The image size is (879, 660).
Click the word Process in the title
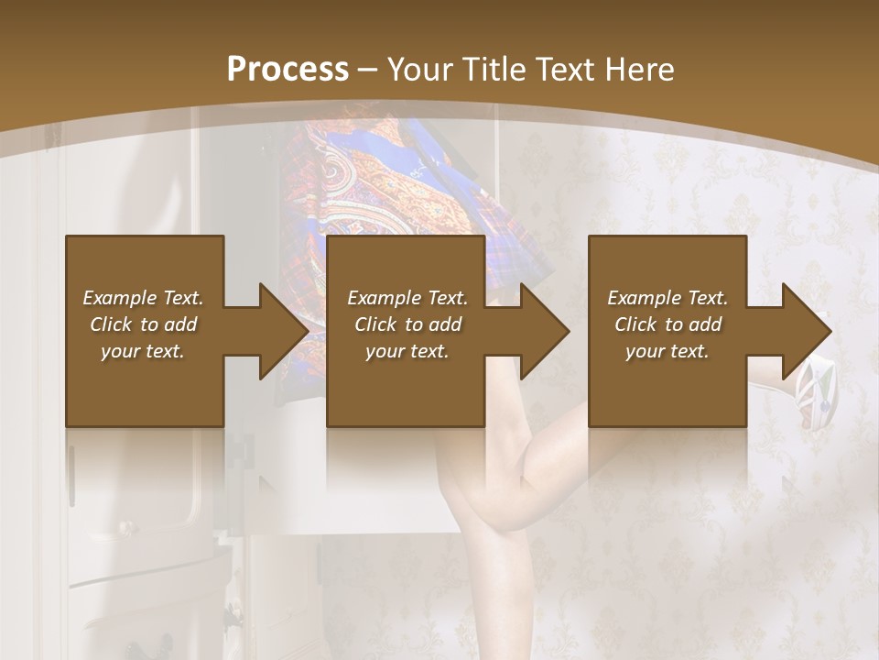coord(288,70)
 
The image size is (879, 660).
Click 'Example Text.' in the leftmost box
coord(143,298)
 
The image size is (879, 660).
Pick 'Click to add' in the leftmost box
coord(143,324)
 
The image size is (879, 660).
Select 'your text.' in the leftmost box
coord(143,351)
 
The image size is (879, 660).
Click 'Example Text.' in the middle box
coord(407,298)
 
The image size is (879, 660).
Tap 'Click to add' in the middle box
coord(407,324)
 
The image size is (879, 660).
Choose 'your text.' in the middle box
coord(407,351)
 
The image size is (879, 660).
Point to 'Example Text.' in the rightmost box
coord(667,298)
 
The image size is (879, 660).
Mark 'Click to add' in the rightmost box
coord(667,324)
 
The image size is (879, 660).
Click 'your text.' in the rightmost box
coord(667,351)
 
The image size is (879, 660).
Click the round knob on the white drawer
coord(126,529)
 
